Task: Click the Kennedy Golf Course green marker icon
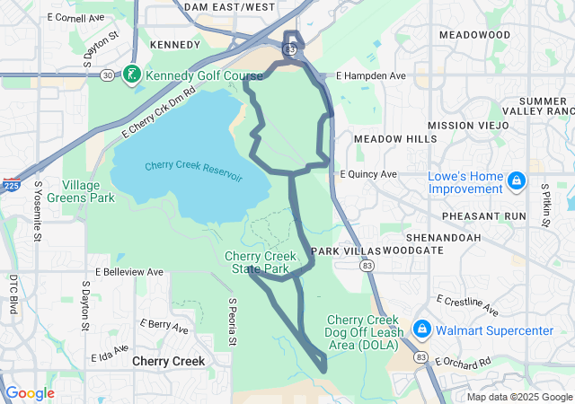133,74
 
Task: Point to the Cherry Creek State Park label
260,262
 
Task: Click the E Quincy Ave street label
368,174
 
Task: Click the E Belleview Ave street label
129,271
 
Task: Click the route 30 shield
107,75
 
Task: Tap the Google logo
31,393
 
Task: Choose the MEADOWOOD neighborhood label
474,34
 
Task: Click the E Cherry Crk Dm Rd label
159,112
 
